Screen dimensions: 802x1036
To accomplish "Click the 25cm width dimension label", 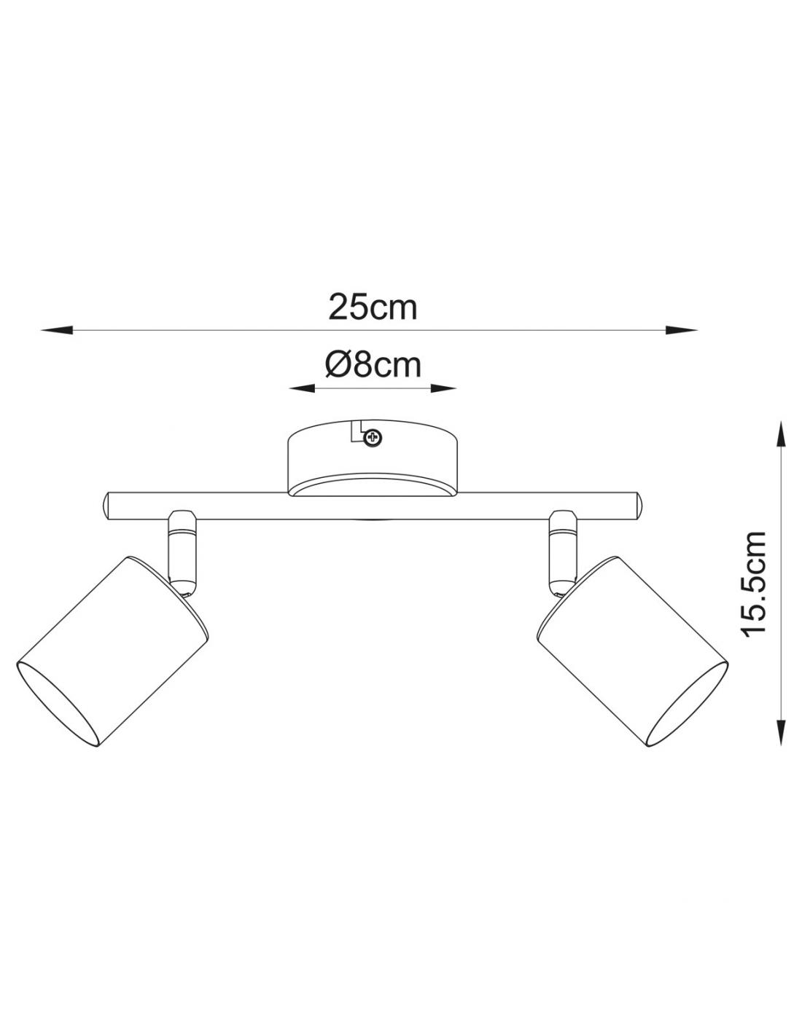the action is [x=373, y=307].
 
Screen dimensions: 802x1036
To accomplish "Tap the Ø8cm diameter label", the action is [x=373, y=365].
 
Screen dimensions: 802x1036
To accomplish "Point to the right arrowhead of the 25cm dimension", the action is [x=681, y=329].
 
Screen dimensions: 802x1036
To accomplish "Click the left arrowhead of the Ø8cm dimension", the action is [x=302, y=388].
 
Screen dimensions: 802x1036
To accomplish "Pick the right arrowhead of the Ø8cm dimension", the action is [x=443, y=388].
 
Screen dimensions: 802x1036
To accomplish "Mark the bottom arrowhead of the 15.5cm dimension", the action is [x=781, y=731].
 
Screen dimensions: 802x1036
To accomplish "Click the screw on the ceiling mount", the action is [x=373, y=437].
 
